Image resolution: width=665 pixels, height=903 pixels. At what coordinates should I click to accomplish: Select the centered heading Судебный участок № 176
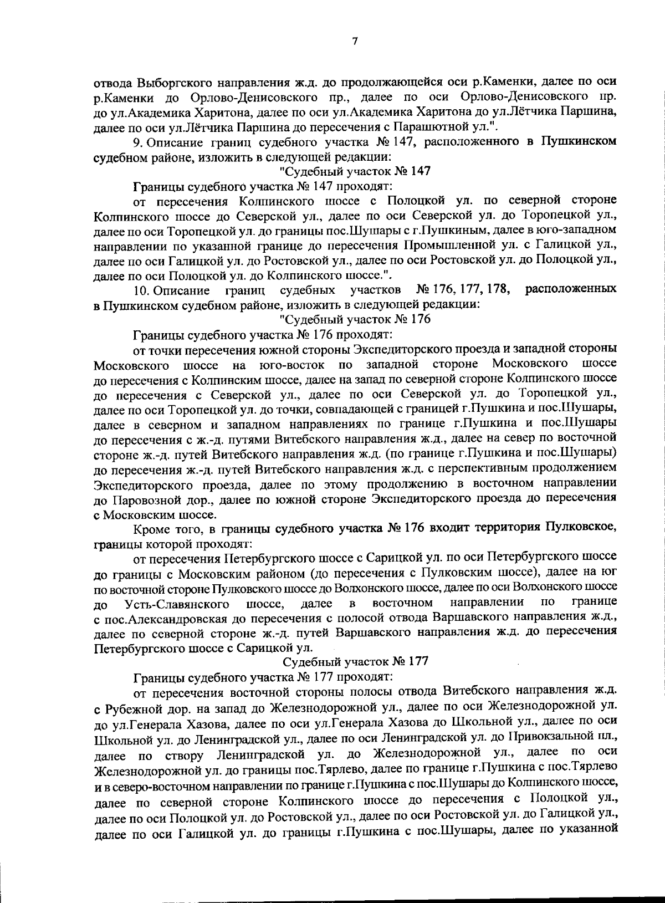point(355,319)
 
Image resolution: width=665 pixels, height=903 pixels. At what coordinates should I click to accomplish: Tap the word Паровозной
point(137,498)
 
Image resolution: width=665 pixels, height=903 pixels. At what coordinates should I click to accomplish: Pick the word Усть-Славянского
point(177,603)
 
